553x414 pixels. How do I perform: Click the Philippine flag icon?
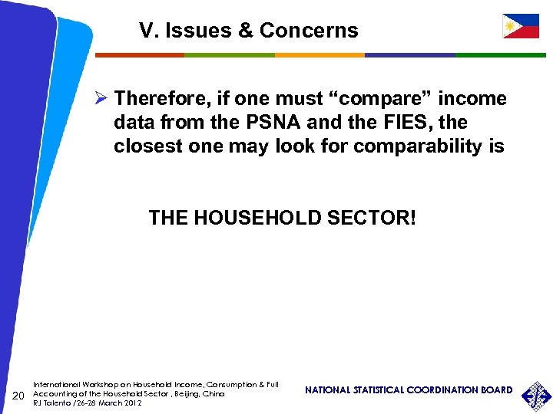coord(520,27)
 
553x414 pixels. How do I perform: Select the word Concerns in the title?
coord(309,31)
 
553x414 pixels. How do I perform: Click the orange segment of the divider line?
coord(319,55)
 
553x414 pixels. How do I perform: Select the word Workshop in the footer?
coord(92,384)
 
